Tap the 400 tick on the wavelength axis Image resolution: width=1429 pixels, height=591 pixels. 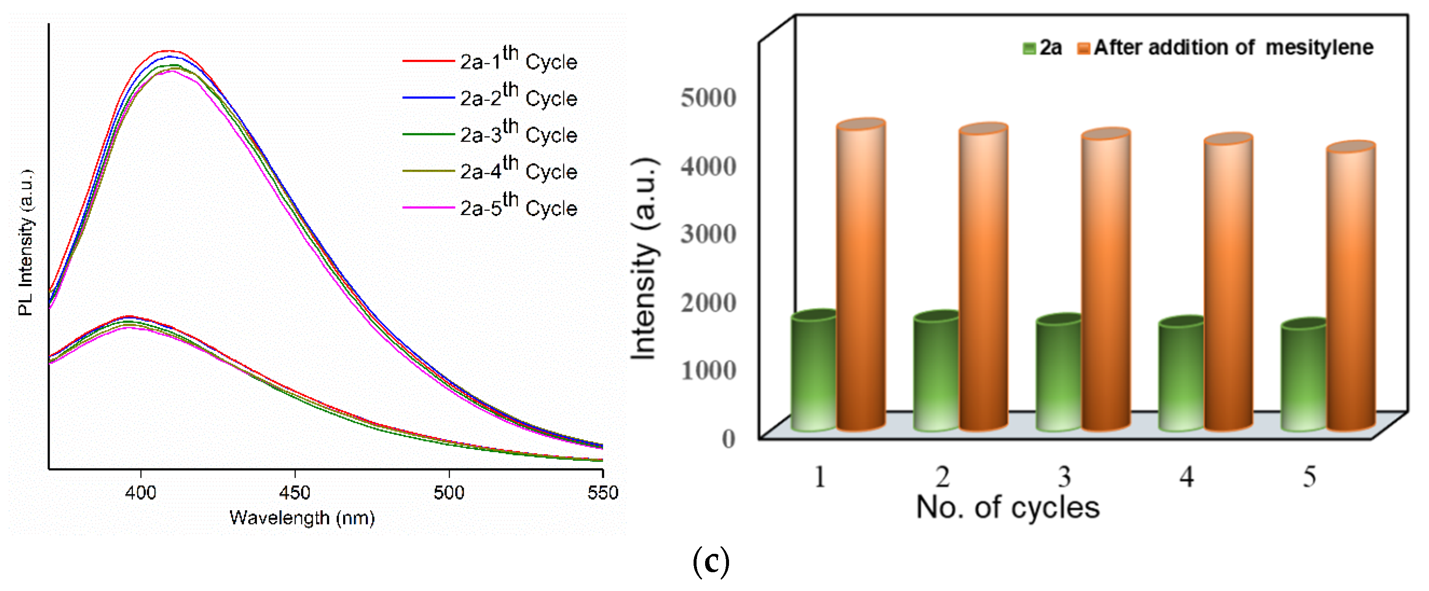140,492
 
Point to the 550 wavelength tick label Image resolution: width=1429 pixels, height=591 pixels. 603,492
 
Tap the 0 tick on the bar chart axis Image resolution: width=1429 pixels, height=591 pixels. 728,439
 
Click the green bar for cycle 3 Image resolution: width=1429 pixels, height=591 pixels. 1059,374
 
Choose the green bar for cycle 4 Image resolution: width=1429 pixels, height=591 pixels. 1181,376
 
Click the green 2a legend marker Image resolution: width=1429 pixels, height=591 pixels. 1029,48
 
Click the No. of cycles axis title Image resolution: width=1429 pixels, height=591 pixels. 1007,507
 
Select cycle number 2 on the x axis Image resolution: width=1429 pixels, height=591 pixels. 942,476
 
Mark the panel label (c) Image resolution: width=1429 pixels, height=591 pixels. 711,562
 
